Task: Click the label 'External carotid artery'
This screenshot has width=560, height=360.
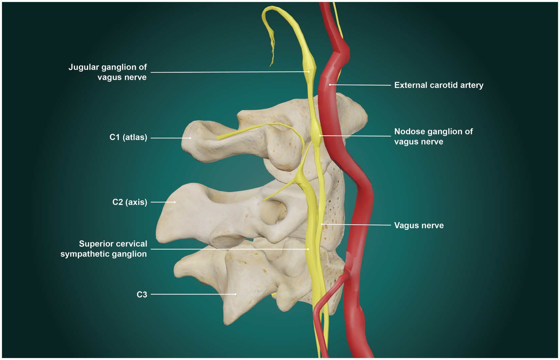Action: [438, 85]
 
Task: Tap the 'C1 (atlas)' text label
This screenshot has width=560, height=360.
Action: [128, 137]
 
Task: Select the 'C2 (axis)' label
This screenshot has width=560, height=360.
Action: [129, 202]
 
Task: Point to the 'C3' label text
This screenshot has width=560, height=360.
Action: [142, 295]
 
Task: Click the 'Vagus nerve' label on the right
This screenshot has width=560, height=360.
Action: [419, 225]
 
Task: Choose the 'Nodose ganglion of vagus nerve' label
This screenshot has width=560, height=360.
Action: [433, 136]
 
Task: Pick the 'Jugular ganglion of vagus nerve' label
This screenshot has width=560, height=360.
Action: [108, 72]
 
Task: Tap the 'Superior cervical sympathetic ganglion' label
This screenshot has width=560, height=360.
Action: [104, 249]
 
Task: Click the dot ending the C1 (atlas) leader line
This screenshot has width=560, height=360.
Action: [190, 138]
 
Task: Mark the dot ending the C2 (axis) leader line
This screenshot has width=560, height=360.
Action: [175, 202]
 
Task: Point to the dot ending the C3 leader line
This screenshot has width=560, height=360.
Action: [235, 294]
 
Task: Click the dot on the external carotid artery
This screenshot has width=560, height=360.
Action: [330, 85]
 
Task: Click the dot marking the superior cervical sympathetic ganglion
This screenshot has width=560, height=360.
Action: [308, 249]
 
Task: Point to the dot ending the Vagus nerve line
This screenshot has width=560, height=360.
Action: [322, 224]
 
